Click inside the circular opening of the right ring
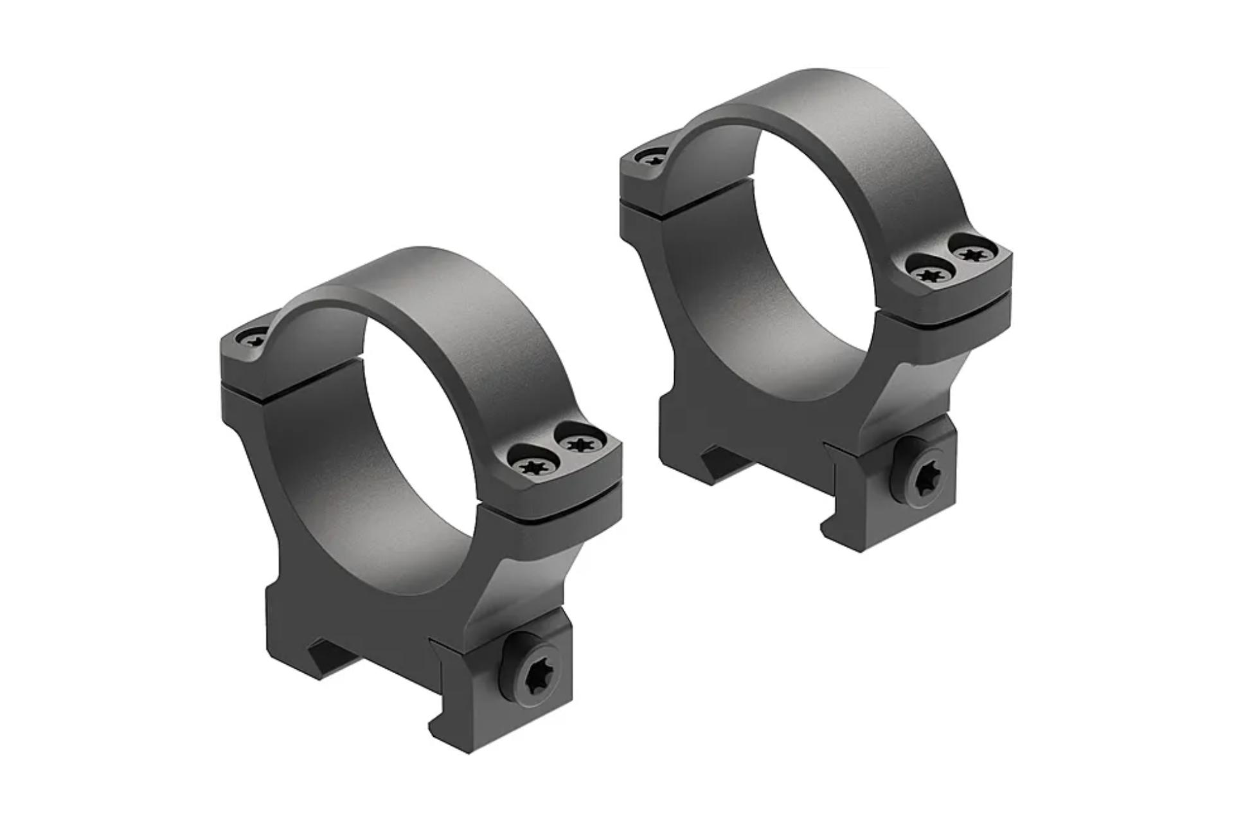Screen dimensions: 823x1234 click(816, 257)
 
